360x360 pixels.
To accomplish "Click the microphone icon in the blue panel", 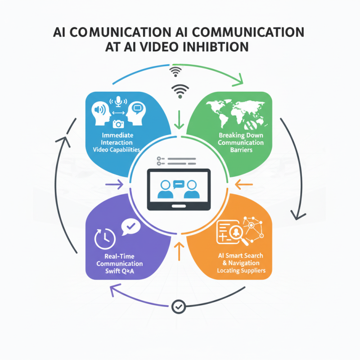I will pos(118,101).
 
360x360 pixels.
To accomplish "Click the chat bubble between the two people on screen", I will pos(180,184).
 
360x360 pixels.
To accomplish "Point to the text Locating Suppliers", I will pos(241,270).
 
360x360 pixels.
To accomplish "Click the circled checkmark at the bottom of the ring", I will pos(179,307).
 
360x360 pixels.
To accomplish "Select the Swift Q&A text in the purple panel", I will pos(120,270).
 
